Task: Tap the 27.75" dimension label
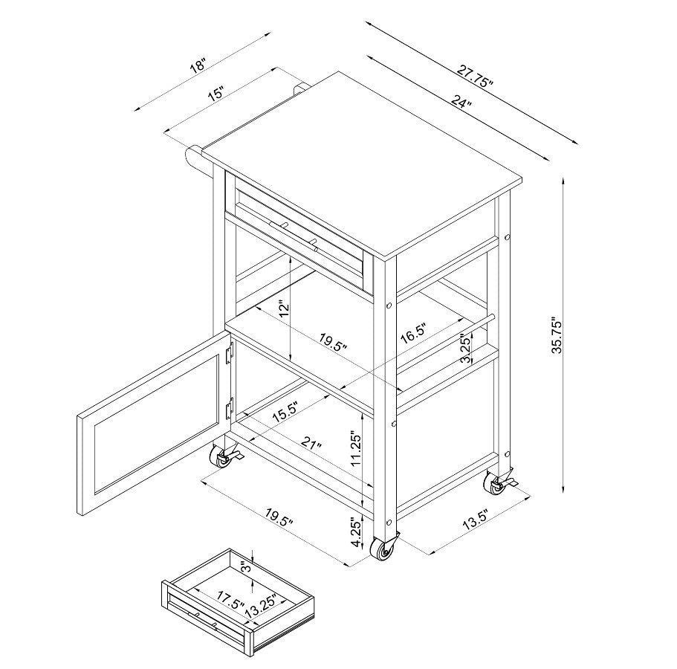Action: pyautogui.click(x=476, y=77)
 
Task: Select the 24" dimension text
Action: pyautogui.click(x=461, y=103)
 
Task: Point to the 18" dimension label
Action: pyautogui.click(x=199, y=66)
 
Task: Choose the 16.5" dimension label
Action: pyautogui.click(x=414, y=332)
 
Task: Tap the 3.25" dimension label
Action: pyautogui.click(x=465, y=348)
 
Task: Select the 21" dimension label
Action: pyautogui.click(x=311, y=444)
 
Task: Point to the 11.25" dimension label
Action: pyautogui.click(x=355, y=448)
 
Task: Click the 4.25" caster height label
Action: pyautogui.click(x=356, y=532)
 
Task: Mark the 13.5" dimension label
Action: pyautogui.click(x=475, y=520)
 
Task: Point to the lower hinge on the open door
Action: pyautogui.click(x=230, y=408)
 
